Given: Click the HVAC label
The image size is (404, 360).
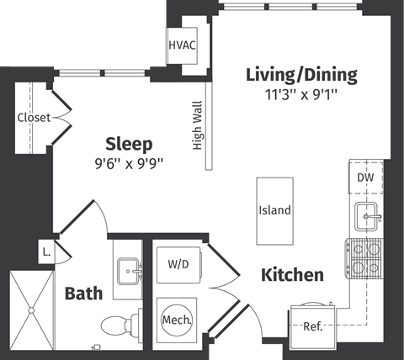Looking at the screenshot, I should pyautogui.click(x=182, y=44).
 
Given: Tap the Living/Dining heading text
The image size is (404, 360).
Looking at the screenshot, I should pyautogui.click(x=301, y=75).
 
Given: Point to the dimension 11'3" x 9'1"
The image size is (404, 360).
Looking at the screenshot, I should pyautogui.click(x=300, y=94).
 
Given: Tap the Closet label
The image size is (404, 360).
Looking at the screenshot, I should pyautogui.click(x=34, y=118).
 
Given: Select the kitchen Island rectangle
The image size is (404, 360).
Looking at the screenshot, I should pyautogui.click(x=274, y=209).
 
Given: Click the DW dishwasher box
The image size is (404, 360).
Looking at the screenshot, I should pyautogui.click(x=365, y=177).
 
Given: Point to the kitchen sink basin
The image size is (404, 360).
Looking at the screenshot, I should pyautogui.click(x=367, y=217).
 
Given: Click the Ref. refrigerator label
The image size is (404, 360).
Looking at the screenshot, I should pyautogui.click(x=312, y=326).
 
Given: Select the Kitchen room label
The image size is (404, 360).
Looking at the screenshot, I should pyautogui.click(x=292, y=275).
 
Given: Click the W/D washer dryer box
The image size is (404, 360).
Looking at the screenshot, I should pyautogui.click(x=178, y=264).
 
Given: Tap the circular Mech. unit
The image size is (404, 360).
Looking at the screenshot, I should pyautogui.click(x=177, y=320).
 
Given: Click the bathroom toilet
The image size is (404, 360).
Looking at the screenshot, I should pyautogui.click(x=118, y=325).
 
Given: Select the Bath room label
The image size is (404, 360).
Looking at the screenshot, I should pyautogui.click(x=84, y=294).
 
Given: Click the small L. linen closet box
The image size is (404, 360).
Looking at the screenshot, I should pyautogui.click(x=46, y=250).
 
